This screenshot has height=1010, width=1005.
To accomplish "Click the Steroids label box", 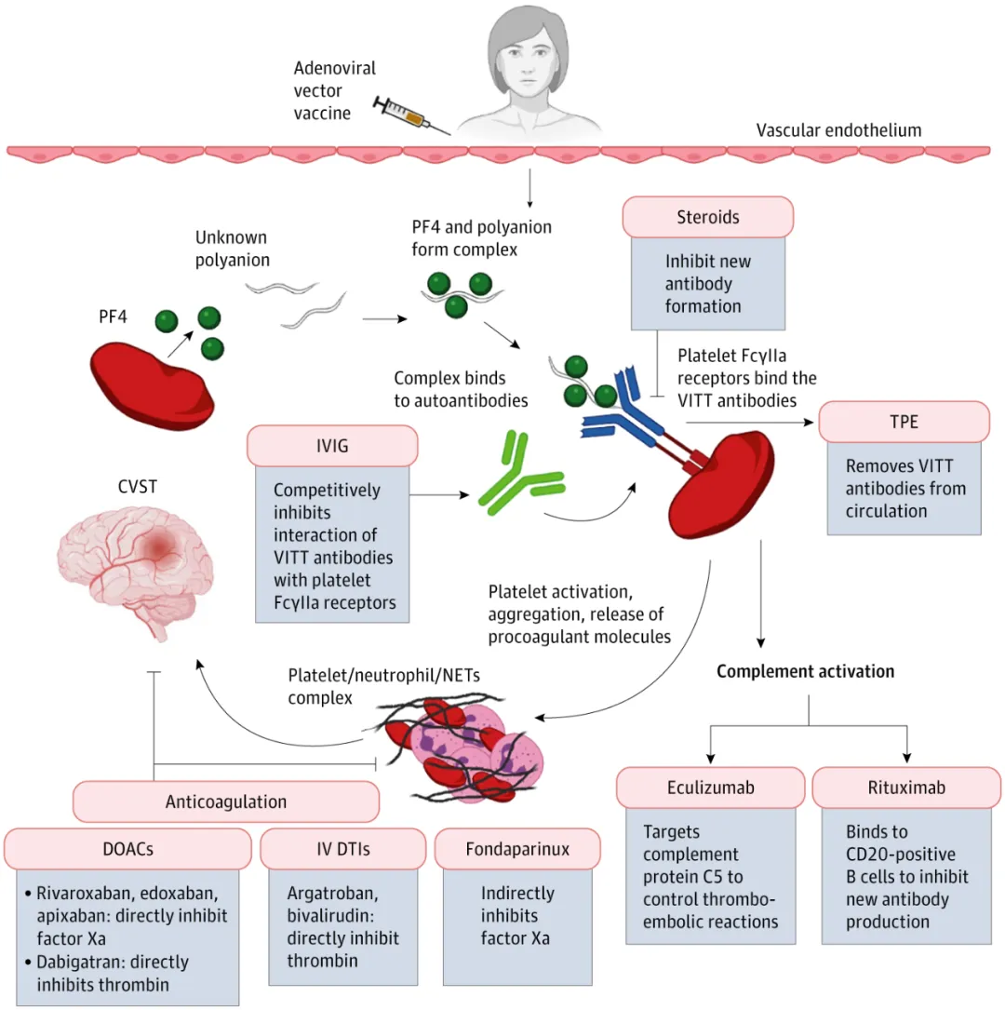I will tap(708, 217).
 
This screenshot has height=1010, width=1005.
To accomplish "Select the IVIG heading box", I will tap(332, 446).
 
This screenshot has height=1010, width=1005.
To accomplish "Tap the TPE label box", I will tap(904, 422).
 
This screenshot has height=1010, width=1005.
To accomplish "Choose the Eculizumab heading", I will tap(711, 788).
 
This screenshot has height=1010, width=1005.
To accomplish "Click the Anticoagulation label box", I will tap(226, 801).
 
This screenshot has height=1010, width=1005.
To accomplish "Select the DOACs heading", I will tap(127, 848).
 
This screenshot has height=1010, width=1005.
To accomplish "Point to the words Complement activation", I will tap(805, 671).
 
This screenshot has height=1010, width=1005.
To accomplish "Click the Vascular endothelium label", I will tap(837, 130).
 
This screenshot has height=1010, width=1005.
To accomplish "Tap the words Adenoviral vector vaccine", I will tap(323, 91).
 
